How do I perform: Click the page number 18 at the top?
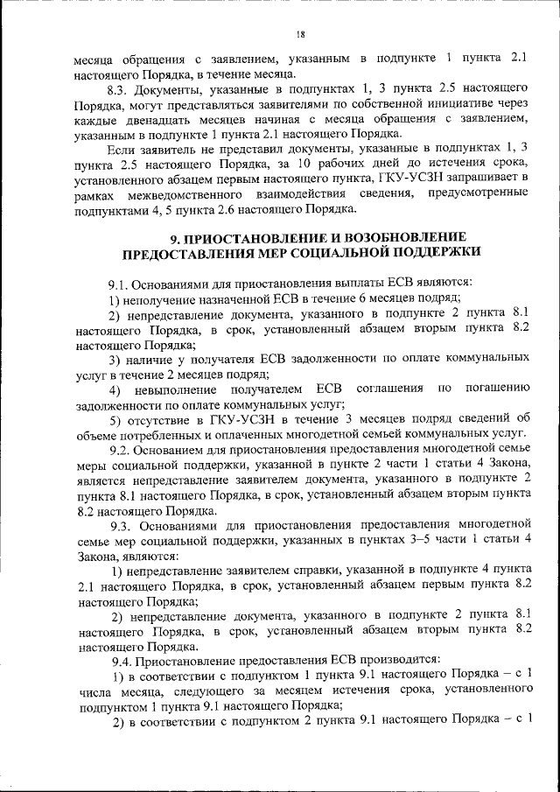tap(299, 34)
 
